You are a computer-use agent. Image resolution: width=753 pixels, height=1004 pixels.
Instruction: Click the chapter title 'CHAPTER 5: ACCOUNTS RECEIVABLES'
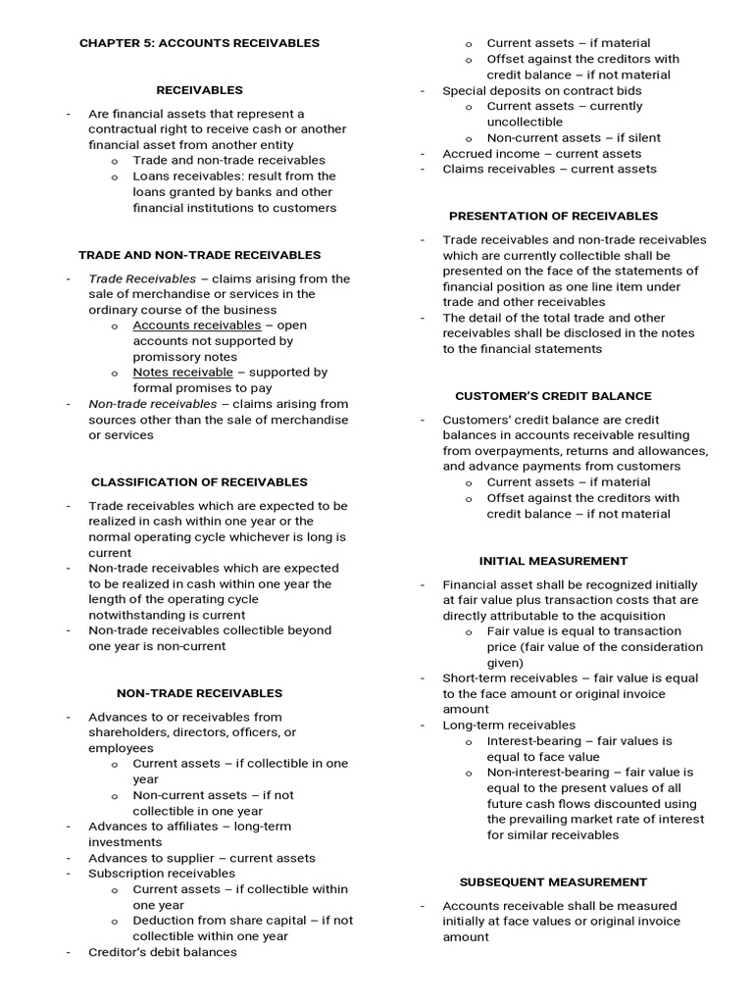(199, 43)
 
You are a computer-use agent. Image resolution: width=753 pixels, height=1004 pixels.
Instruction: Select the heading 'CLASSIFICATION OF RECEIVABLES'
(199, 482)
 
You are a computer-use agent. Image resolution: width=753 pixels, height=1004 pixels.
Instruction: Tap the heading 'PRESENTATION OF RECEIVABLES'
(553, 216)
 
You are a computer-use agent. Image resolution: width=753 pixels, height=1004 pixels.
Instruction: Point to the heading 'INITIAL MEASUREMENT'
(553, 561)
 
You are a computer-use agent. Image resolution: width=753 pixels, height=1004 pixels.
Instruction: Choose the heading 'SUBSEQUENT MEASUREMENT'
(553, 882)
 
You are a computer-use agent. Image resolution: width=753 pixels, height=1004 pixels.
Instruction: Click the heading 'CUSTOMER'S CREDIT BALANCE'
(553, 396)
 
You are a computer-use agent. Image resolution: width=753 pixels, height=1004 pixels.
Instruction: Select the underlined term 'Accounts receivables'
(197, 326)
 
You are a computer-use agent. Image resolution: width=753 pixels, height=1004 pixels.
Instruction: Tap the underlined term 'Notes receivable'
(183, 373)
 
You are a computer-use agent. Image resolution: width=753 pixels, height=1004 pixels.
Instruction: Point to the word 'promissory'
(167, 357)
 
